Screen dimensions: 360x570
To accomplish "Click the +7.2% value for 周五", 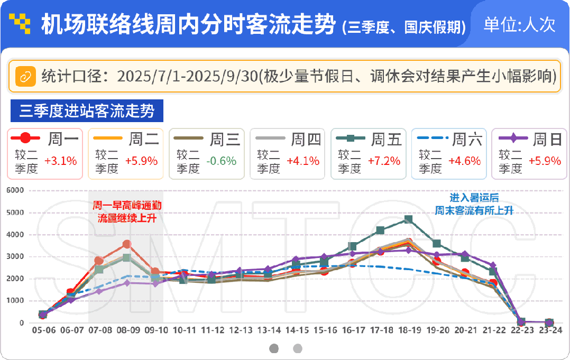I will point(384,161).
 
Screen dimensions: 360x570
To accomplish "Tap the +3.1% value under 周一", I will point(60,161).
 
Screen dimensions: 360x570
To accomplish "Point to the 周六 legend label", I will point(467,140).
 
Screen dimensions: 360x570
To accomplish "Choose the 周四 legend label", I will point(306,140).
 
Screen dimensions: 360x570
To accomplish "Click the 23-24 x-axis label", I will point(549,330).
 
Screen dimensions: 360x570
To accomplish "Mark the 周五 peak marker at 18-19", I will point(408,219).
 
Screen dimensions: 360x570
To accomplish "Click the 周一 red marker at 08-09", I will point(127,244).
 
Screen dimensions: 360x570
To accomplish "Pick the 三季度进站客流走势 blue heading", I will point(87,111).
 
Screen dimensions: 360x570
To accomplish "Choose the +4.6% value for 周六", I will point(465,161).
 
